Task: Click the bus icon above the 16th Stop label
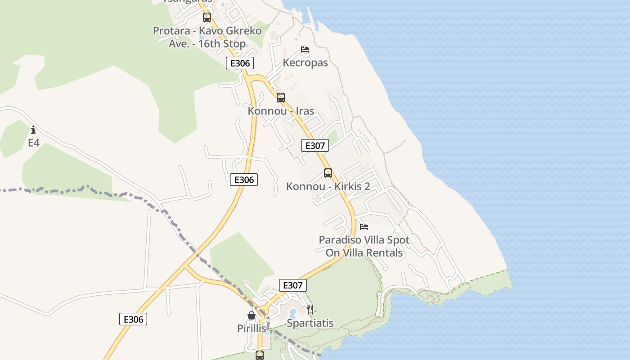(207, 18)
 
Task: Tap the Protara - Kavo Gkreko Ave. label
(207, 37)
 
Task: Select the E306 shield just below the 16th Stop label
(240, 63)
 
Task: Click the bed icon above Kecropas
(305, 49)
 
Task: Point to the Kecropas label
(305, 63)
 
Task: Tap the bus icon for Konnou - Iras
(281, 97)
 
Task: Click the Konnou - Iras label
(281, 111)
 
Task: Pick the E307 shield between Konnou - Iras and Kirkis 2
(315, 145)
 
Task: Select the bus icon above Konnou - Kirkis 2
(328, 173)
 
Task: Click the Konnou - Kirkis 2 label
(328, 186)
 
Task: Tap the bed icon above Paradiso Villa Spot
(364, 226)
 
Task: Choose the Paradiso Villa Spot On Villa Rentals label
(364, 246)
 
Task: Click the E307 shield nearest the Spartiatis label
(293, 285)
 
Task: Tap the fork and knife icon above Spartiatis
(310, 309)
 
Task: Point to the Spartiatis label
(310, 323)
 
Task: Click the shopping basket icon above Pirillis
(252, 315)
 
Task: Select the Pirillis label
(252, 328)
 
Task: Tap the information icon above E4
(33, 130)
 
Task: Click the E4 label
(34, 143)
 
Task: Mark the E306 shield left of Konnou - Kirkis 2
(244, 180)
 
